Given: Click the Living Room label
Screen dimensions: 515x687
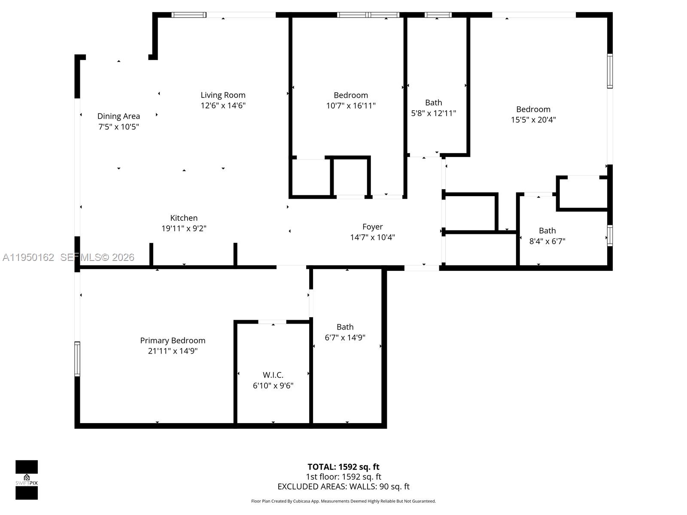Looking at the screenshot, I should pyautogui.click(x=223, y=95).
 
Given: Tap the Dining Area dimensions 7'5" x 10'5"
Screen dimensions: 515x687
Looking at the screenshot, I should pyautogui.click(x=119, y=127).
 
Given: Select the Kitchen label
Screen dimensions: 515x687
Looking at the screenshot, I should pyautogui.click(x=184, y=218).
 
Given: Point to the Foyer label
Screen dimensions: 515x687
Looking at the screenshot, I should pyautogui.click(x=372, y=227).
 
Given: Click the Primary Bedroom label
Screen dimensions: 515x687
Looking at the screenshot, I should pyautogui.click(x=173, y=340).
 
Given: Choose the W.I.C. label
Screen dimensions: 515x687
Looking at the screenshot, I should pyautogui.click(x=273, y=375).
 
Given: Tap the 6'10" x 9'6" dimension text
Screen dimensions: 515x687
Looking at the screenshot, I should pyautogui.click(x=273, y=385).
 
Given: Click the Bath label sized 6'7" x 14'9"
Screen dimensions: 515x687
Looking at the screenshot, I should pyautogui.click(x=345, y=327).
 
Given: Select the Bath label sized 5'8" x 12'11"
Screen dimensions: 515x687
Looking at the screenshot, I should pyautogui.click(x=433, y=103).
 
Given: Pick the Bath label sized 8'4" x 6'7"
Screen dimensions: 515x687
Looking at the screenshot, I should pyautogui.click(x=547, y=230).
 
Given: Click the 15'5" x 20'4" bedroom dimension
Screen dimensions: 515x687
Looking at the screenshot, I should pyautogui.click(x=533, y=120).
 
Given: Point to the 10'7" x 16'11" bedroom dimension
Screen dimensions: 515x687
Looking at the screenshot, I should pyautogui.click(x=351, y=106).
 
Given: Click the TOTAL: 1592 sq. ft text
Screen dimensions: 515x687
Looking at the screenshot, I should pyautogui.click(x=343, y=467).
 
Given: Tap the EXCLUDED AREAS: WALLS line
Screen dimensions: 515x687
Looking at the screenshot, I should pyautogui.click(x=343, y=486).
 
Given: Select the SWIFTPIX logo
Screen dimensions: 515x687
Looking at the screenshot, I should pyautogui.click(x=27, y=480).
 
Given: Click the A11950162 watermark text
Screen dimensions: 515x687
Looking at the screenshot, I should pyautogui.click(x=28, y=257).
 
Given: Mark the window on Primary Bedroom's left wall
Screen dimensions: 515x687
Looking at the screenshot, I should pyautogui.click(x=77, y=359).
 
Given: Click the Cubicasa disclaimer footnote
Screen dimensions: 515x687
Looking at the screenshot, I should pyautogui.click(x=343, y=501).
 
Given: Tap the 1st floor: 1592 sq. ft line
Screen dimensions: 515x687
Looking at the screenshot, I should pyautogui.click(x=343, y=476).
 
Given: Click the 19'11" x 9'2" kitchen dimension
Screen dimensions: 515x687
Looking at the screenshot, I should pyautogui.click(x=184, y=228).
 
